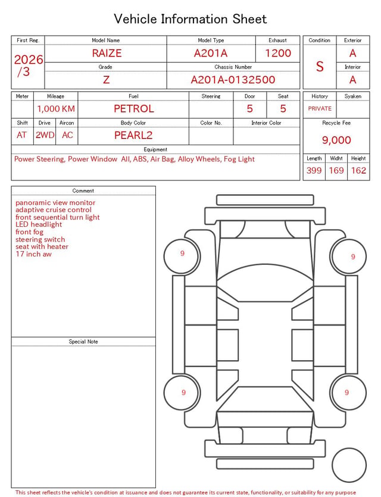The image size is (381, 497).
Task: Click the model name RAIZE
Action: pos(107,53)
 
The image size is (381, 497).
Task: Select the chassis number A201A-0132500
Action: pos(233,80)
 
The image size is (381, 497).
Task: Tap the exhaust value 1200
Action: pos(278,53)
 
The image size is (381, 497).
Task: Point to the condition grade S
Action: pos(320,67)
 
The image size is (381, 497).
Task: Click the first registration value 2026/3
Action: pos(28,65)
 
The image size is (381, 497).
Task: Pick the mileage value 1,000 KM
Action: pos(56,109)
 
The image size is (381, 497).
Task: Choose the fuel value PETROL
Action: pos(134,109)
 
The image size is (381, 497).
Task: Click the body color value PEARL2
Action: pos(133,135)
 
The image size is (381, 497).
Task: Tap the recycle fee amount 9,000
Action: pos(336,140)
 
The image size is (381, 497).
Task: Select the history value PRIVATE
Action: pos(320,108)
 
